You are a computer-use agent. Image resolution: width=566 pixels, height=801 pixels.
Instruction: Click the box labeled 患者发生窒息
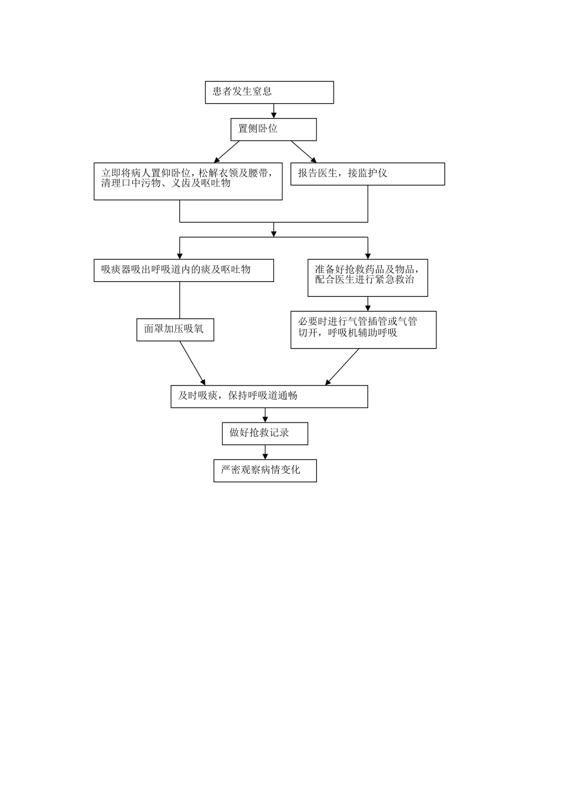point(269,92)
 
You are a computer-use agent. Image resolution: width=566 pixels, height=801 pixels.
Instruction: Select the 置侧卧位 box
point(273,129)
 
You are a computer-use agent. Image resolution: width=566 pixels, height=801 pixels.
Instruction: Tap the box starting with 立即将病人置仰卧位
point(188,181)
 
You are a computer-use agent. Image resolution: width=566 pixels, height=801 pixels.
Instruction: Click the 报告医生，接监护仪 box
point(367,174)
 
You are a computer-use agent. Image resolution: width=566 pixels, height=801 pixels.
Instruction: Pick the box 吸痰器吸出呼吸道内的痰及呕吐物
point(184,270)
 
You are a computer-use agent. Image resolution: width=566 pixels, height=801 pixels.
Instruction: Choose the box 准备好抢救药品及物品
point(368,278)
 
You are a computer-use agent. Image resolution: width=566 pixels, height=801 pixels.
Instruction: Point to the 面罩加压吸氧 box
point(175,329)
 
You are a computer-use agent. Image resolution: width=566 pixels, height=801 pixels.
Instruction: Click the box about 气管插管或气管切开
point(363,329)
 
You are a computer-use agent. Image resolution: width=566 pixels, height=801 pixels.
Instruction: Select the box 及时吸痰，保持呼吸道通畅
point(269,396)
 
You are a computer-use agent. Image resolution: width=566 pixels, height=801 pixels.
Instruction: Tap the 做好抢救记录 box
point(265,433)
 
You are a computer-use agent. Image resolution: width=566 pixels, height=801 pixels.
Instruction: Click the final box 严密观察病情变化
point(265,470)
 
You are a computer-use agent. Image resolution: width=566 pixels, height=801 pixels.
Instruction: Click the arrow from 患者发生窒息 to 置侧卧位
point(274,111)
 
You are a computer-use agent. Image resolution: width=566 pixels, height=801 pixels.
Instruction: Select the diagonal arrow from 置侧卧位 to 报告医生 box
point(304,151)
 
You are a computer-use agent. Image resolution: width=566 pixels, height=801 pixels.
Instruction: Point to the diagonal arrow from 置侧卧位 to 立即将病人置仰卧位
point(227,151)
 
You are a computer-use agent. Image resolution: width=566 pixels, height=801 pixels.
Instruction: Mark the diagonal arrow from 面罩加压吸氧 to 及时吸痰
point(192,363)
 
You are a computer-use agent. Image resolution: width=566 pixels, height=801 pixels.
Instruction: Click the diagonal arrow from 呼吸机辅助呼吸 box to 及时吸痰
point(343,367)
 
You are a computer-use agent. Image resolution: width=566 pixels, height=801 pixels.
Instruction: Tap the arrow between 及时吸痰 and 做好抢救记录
point(265,415)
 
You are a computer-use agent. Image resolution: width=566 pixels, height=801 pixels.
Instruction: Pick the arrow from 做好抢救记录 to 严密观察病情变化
point(265,452)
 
